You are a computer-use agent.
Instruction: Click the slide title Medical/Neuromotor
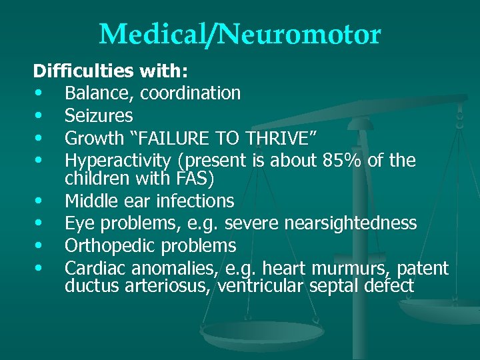coord(240,34)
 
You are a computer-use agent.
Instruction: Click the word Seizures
coord(99,115)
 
